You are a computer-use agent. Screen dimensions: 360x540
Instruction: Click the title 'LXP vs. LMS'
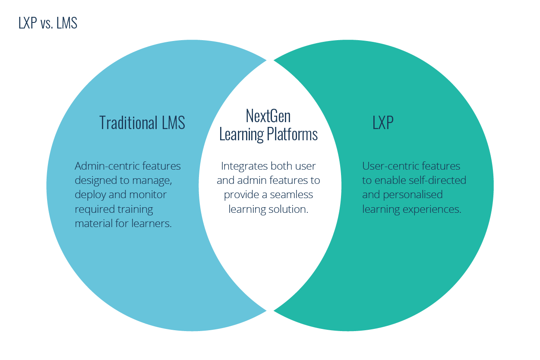pyautogui.click(x=48, y=23)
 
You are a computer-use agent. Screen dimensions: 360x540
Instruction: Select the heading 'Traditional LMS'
pyautogui.click(x=142, y=123)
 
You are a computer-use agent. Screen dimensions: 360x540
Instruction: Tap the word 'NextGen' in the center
pyautogui.click(x=268, y=116)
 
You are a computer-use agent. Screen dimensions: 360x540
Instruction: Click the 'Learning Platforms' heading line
pyautogui.click(x=268, y=134)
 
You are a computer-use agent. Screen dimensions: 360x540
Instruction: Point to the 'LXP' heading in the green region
pyautogui.click(x=383, y=123)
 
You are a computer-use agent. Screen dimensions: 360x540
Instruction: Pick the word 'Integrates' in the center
pyautogui.click(x=243, y=166)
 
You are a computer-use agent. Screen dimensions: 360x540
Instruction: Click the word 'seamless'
pyautogui.click(x=292, y=195)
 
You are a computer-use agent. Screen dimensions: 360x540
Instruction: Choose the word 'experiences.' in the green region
pyautogui.click(x=432, y=209)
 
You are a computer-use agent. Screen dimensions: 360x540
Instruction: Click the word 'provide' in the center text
pyautogui.click(x=240, y=195)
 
